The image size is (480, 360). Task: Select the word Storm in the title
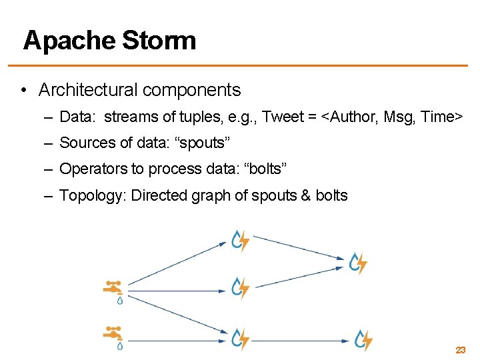(x=159, y=41)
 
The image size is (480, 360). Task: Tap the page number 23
(x=460, y=349)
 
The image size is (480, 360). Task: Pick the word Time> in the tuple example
(x=441, y=117)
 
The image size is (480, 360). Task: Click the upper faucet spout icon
(x=113, y=290)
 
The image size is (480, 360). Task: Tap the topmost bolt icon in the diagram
(x=240, y=241)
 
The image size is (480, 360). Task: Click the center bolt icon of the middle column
(x=240, y=288)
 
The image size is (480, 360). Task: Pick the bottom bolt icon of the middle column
(x=240, y=339)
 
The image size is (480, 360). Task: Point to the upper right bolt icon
(x=359, y=263)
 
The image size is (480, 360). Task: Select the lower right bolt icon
(x=363, y=340)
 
